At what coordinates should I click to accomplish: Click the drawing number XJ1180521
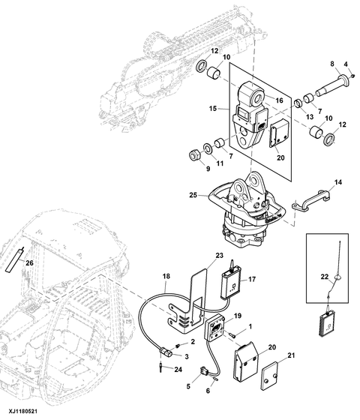[22, 411]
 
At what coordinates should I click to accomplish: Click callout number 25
[193, 195]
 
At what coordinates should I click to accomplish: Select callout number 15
[213, 109]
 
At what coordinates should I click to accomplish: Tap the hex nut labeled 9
[193, 154]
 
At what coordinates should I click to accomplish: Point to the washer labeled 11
[208, 148]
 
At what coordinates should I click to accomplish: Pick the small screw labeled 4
[352, 76]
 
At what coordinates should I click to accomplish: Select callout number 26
[29, 263]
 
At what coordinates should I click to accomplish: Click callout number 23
[219, 256]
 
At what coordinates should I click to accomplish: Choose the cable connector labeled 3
[166, 352]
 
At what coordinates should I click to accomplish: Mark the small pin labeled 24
[160, 367]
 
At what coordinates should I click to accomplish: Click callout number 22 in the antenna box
[324, 277]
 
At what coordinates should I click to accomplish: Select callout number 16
[279, 100]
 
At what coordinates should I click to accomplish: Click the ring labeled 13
[298, 103]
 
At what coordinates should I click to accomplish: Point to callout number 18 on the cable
[166, 276]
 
